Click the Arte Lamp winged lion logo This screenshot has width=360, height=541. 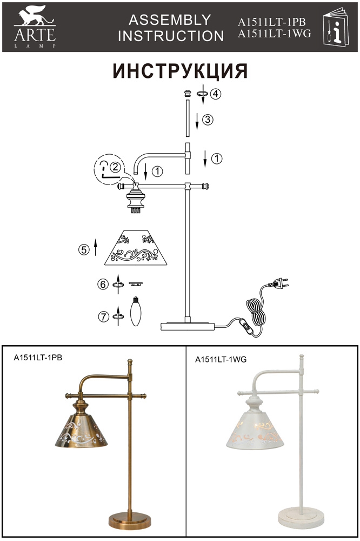35,27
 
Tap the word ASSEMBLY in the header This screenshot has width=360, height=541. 170,20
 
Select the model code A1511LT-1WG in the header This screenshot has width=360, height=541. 275,34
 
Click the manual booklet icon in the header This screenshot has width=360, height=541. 336,26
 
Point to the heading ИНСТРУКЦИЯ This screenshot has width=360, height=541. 180,71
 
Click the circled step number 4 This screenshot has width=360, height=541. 216,94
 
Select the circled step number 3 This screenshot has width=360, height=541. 208,120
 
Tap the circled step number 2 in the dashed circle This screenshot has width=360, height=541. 115,167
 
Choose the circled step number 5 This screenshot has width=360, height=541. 84,249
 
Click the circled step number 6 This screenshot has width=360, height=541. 103,285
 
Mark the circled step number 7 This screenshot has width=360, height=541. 103,316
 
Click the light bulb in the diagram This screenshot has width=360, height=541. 136,311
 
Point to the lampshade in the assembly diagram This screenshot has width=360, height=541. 136,247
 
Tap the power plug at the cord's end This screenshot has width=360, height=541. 278,285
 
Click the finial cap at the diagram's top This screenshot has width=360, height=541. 187,93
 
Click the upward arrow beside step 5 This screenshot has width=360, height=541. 96,247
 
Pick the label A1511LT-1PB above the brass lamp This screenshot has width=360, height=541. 38,358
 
